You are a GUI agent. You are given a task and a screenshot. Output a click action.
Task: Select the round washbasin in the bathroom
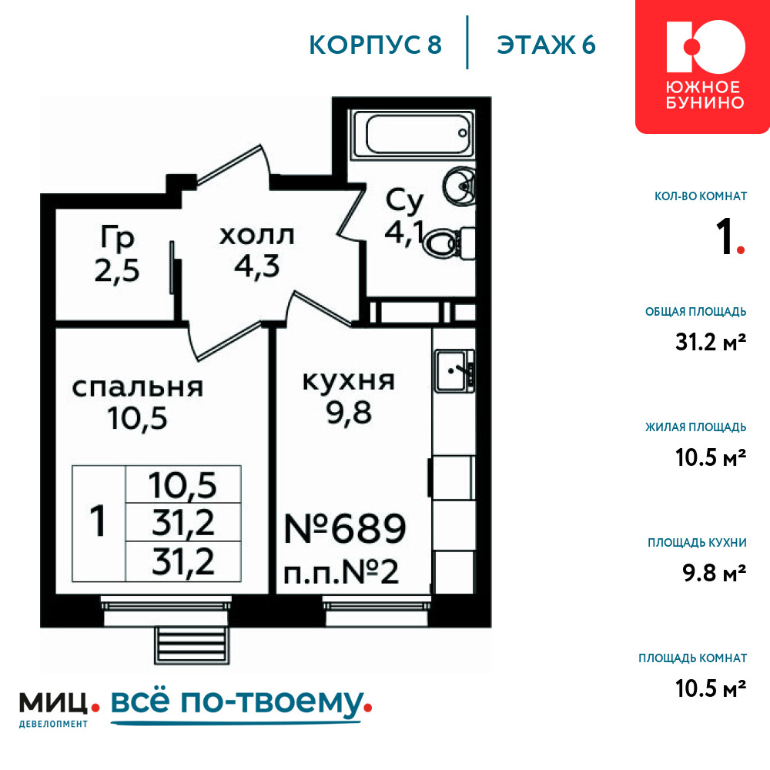pos(459,185)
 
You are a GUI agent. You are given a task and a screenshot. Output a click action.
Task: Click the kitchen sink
pos(454,371)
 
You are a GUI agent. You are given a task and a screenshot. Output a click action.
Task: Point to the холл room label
pos(257,236)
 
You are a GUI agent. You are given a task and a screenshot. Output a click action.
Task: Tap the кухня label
pos(348,381)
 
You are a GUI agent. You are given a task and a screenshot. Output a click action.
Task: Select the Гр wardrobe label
pos(117,238)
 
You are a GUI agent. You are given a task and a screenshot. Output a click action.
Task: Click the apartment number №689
pos(345,529)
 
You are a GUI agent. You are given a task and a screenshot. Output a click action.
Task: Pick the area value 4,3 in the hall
pos(257,266)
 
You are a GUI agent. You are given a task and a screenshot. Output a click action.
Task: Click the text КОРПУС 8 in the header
pos(376,45)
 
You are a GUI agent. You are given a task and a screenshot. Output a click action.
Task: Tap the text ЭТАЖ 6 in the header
pos(546,45)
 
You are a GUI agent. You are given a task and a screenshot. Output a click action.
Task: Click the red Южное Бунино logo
pos(703,66)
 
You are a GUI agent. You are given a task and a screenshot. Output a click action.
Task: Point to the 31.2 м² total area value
pos(711,342)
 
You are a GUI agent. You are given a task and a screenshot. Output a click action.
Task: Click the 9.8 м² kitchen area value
pos(714,573)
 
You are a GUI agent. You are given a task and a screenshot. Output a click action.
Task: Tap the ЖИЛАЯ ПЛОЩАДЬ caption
pos(696,427)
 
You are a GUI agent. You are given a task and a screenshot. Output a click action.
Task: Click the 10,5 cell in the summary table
pos(182,485)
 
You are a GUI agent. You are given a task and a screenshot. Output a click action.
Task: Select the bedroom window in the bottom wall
pos(166,611)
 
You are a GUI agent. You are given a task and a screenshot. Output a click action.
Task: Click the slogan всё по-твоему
pos(241,703)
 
